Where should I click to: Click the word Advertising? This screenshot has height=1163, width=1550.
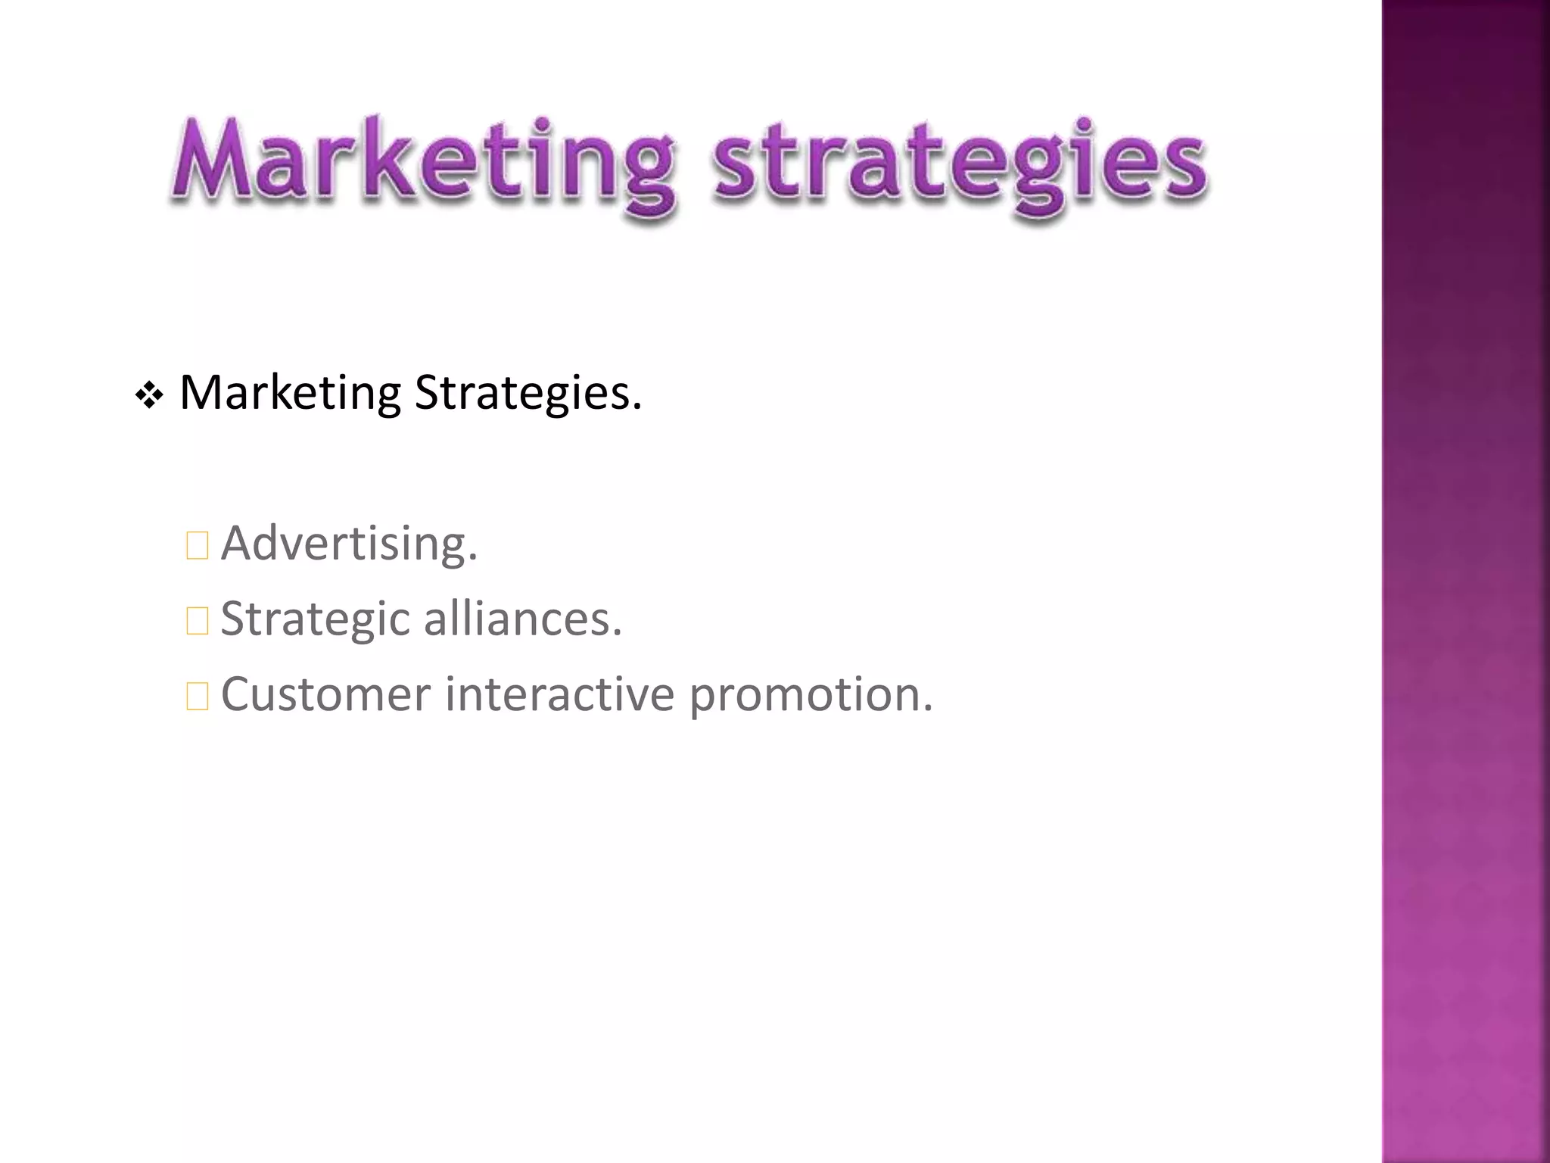[349, 544]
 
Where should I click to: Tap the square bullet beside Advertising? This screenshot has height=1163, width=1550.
[198, 545]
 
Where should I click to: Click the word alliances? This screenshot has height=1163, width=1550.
[522, 618]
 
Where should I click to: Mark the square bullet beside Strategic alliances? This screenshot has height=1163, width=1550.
[198, 621]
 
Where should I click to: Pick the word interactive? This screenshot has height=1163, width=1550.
[559, 694]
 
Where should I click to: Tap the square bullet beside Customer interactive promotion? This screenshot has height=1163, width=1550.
[198, 697]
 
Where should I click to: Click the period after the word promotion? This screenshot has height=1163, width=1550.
[928, 709]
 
